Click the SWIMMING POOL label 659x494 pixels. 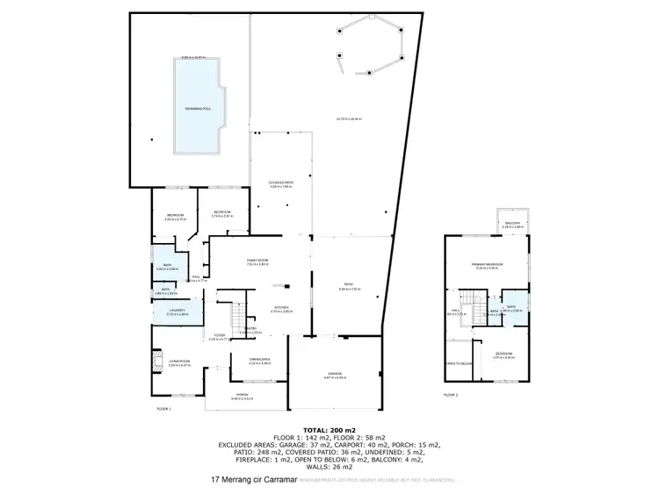(195, 108)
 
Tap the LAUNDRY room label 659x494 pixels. (177, 310)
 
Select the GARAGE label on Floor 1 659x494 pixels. (336, 374)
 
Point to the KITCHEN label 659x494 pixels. (280, 308)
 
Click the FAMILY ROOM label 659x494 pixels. (257, 261)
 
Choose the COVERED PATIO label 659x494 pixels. (280, 183)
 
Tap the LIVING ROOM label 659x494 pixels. (180, 360)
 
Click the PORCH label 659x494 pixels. (243, 396)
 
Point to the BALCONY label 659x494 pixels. (513, 223)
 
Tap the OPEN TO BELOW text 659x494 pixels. (459, 363)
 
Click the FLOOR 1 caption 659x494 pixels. (163, 409)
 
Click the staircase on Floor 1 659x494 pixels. (235, 314)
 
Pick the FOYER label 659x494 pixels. (218, 335)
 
